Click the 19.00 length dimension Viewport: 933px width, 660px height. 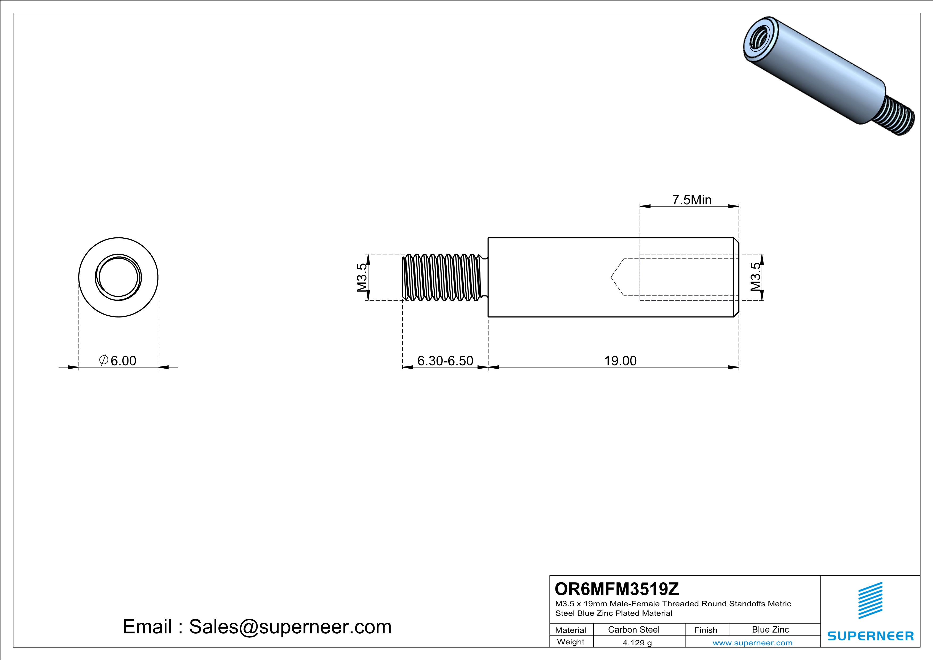click(620, 361)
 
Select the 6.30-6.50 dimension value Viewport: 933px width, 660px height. click(445, 361)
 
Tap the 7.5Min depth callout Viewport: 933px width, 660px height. click(692, 200)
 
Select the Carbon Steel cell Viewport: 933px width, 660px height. click(633, 629)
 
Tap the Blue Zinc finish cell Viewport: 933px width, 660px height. click(770, 629)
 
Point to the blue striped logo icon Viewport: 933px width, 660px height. click(870, 600)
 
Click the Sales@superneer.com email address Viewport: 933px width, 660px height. click(290, 626)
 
